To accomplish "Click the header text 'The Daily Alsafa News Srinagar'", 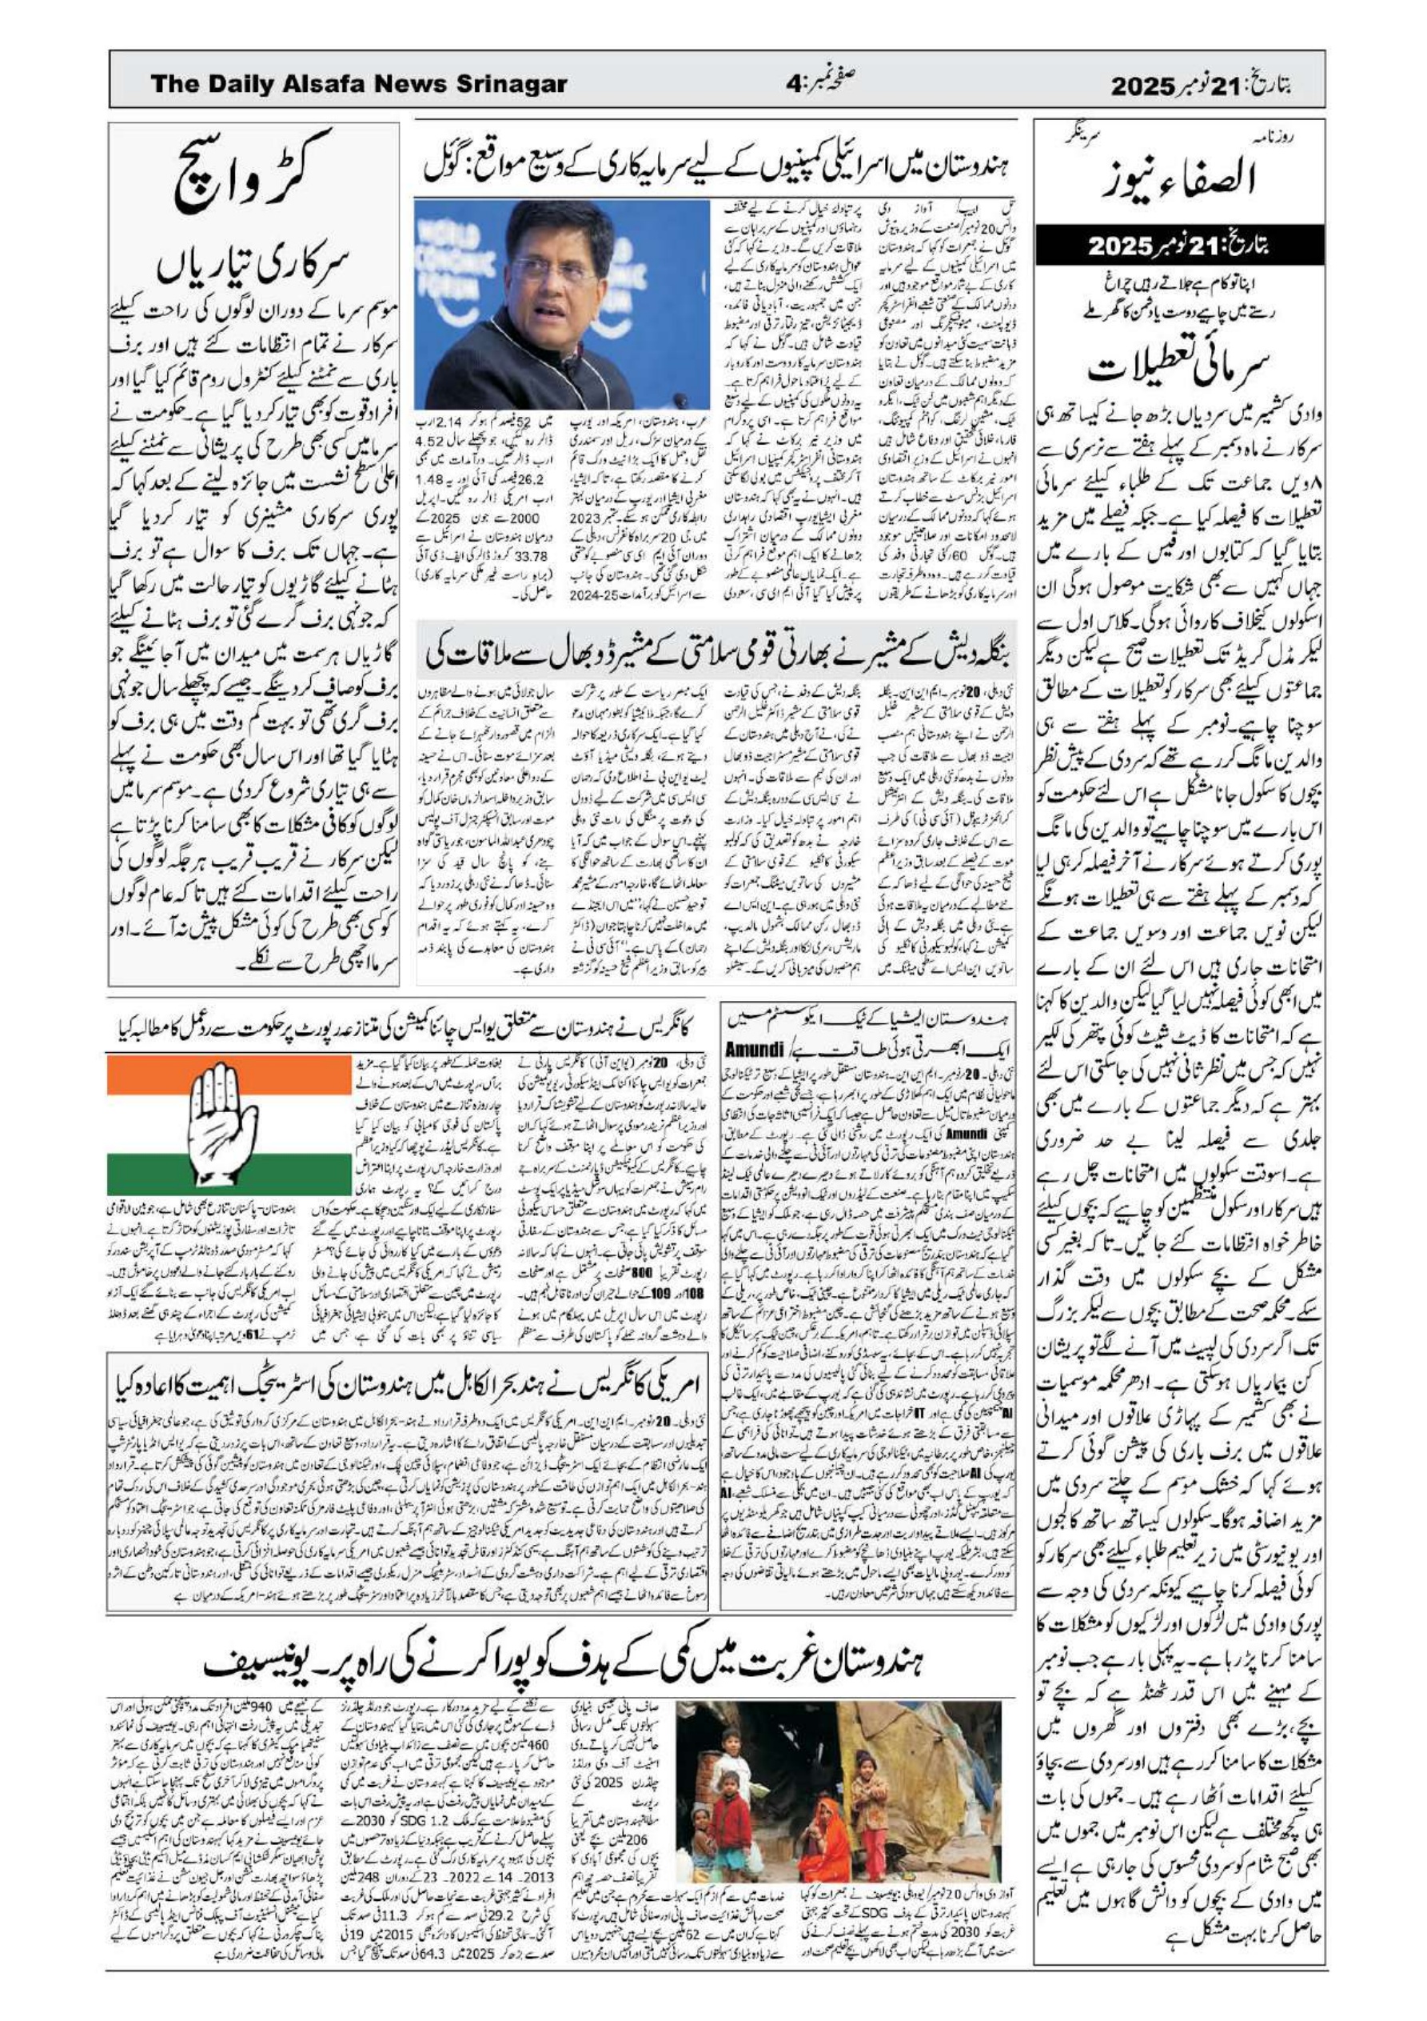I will [x=358, y=85].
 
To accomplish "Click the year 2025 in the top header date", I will [x=1143, y=86].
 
